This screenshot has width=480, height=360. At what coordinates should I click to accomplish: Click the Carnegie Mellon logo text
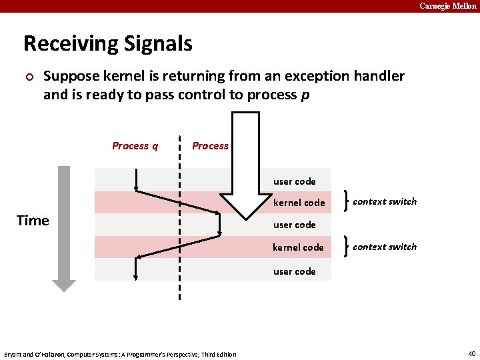pos(447,6)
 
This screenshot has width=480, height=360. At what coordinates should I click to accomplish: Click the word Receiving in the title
pos(65,44)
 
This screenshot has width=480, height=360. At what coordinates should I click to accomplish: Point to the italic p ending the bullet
pos(305,95)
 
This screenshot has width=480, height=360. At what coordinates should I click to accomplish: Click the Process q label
pos(135,146)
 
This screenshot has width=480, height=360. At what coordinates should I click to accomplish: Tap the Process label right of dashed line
pos(210,146)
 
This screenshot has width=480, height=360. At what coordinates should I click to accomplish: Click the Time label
pos(33,221)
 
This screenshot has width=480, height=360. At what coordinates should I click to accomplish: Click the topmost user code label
pos(294,181)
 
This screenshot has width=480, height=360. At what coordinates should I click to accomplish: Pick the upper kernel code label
pos(299,203)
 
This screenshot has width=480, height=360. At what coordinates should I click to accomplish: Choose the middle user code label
pos(294,225)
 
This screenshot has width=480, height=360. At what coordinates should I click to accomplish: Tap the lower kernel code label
pos(298,247)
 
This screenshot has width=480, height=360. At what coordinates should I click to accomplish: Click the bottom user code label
pos(294,271)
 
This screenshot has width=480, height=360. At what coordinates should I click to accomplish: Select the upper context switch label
pos(385,201)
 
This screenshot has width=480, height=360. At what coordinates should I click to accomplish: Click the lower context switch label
pos(385,247)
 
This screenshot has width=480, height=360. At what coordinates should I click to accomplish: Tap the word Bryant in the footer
pos(15,354)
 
